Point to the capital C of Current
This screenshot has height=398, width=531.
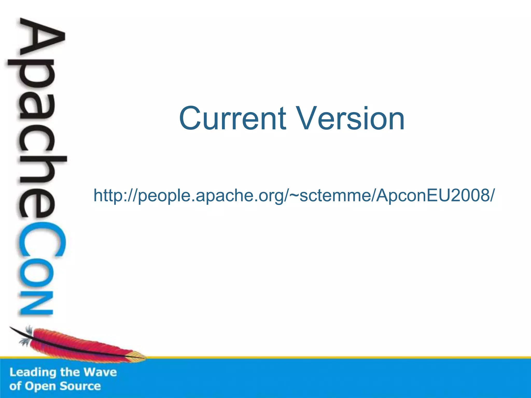(191, 118)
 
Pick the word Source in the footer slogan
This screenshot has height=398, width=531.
(80, 386)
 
